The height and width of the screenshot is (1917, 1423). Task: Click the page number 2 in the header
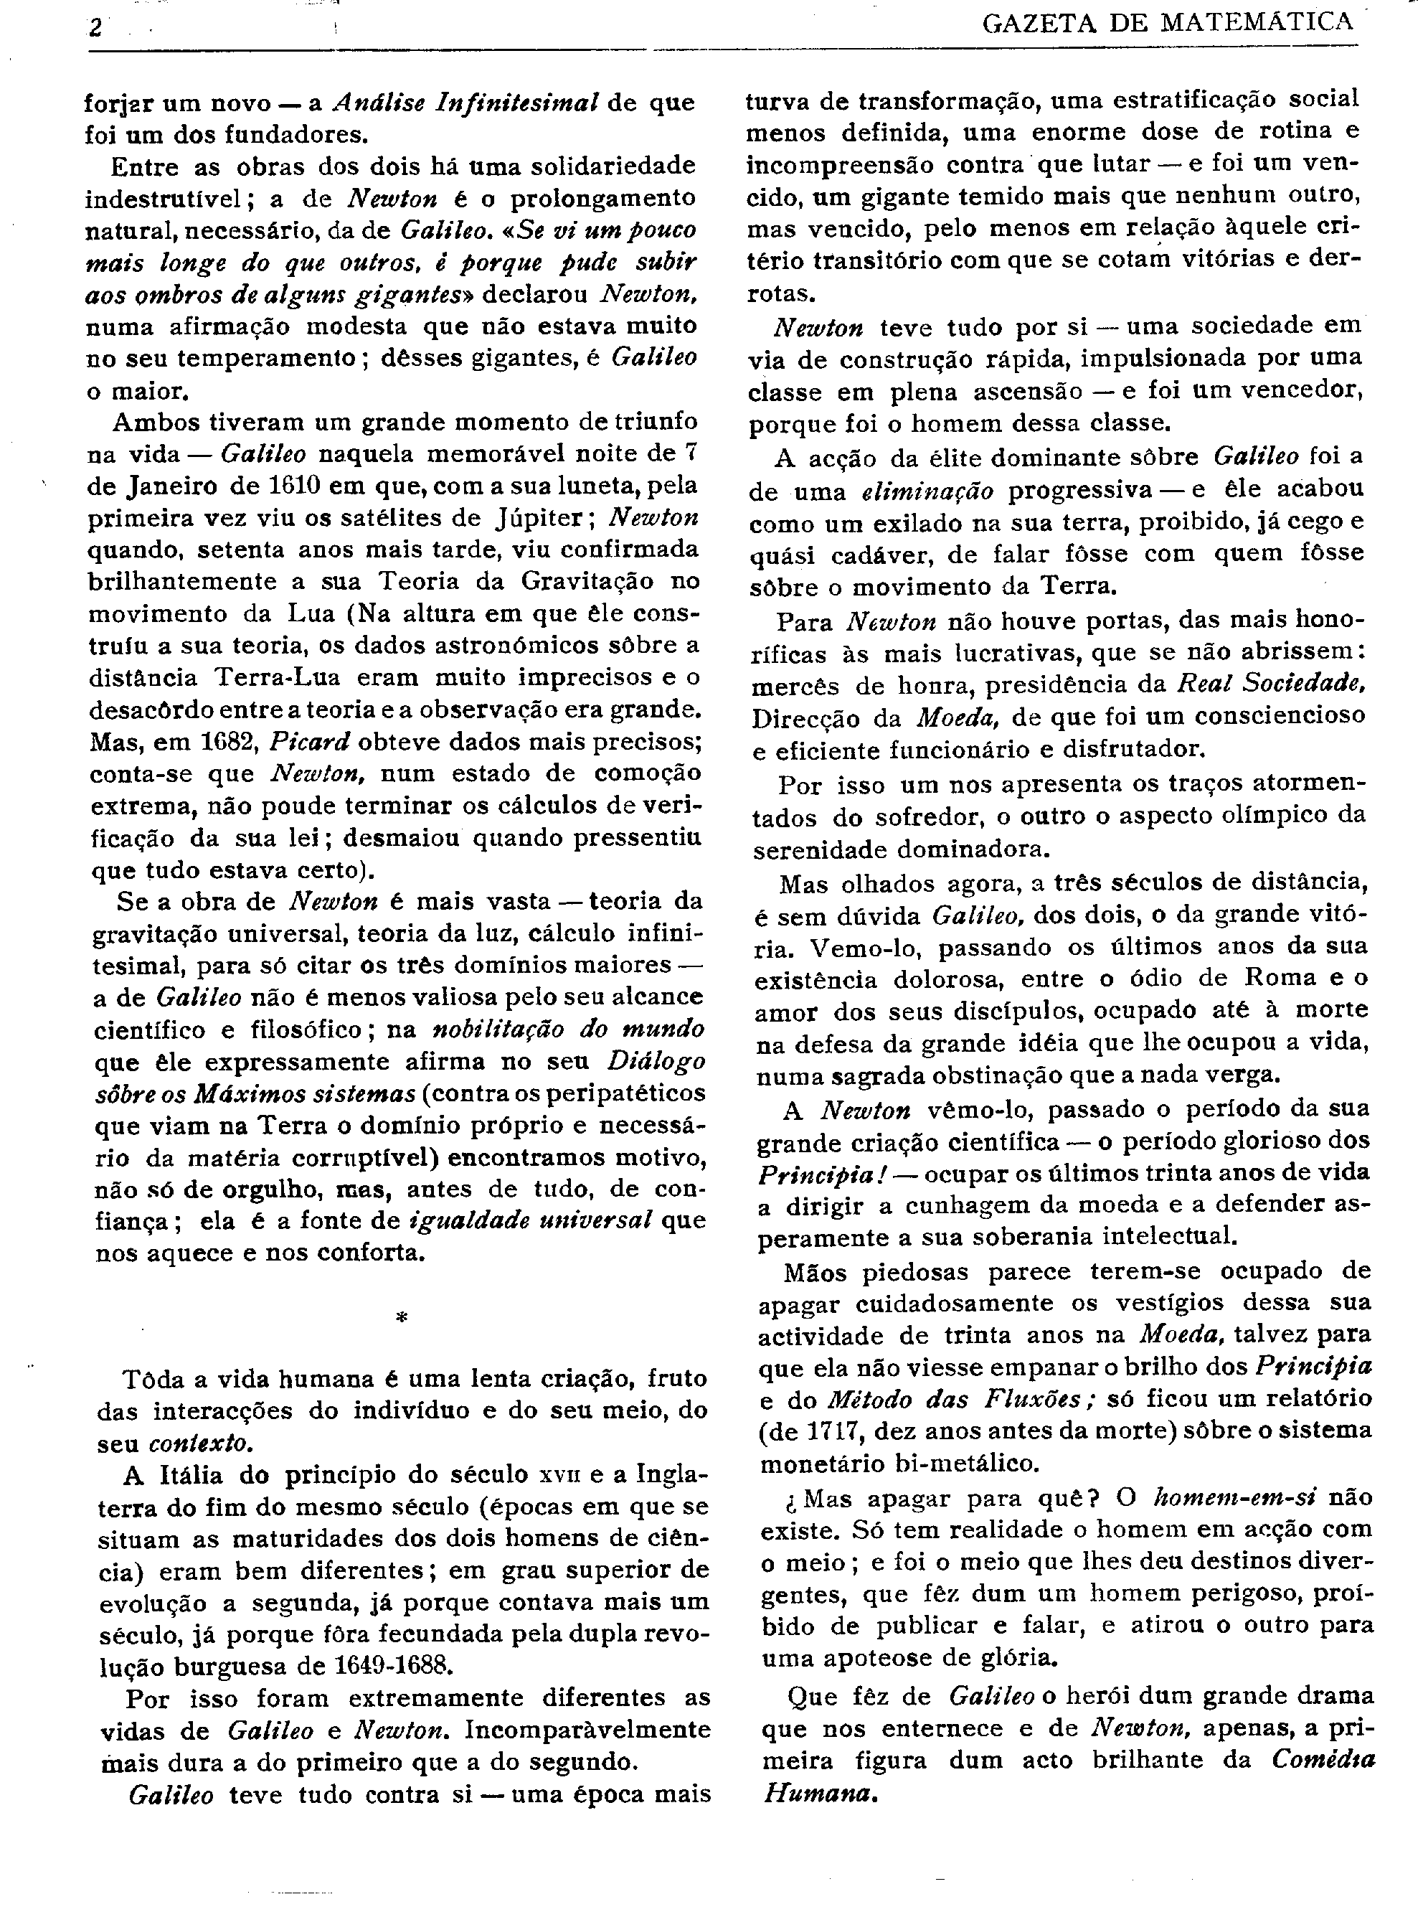point(95,27)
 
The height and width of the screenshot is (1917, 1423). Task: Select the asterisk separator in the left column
point(400,1317)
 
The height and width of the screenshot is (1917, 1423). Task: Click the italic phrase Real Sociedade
point(1270,685)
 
